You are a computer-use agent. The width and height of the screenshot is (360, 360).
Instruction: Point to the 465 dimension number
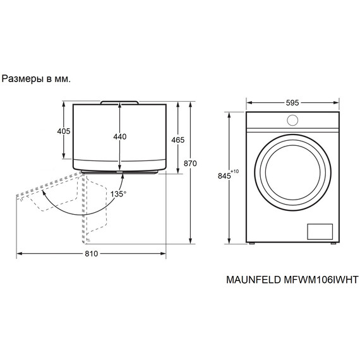coord(177,140)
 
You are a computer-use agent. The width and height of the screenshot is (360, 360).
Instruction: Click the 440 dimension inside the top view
coord(119,137)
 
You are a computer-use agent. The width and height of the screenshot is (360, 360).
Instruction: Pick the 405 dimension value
coord(63,131)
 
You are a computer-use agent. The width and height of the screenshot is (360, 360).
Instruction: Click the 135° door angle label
coord(118,193)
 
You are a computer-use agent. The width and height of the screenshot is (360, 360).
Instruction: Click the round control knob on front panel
coord(292,120)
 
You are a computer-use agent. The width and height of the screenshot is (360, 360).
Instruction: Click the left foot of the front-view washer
coord(251,243)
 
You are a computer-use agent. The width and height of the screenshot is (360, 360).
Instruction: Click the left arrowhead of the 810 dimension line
coord(19,254)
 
